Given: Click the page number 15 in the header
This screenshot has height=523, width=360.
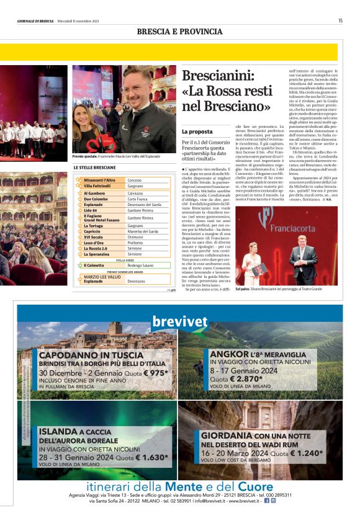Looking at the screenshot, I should tap(340, 20).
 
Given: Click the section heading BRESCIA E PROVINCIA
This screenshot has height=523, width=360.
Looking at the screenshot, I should tap(179, 32).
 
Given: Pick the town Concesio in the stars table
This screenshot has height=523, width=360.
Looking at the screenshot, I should tap(135, 180).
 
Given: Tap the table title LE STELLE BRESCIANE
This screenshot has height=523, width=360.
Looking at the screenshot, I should tap(94, 168).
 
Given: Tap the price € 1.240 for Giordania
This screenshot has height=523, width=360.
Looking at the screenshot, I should tap(303, 454).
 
